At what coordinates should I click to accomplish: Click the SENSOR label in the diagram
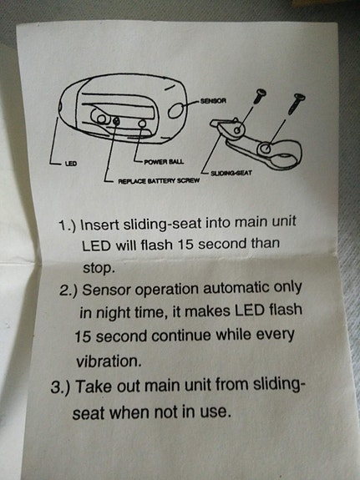pyautogui.click(x=213, y=101)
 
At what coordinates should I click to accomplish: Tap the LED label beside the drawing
pyautogui.click(x=70, y=164)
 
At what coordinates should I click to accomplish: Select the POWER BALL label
pyautogui.click(x=164, y=162)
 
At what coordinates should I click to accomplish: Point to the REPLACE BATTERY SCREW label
pyautogui.click(x=159, y=181)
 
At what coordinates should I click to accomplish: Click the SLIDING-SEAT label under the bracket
pyautogui.click(x=231, y=174)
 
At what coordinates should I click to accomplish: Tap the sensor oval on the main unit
pyautogui.click(x=176, y=110)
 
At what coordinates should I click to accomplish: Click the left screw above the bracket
pyautogui.click(x=259, y=97)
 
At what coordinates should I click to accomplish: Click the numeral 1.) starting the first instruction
pyautogui.click(x=67, y=226)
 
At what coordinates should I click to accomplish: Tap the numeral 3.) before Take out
pyautogui.click(x=61, y=387)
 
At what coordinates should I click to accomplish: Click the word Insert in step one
pyautogui.click(x=99, y=225)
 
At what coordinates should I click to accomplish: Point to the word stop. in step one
pyautogui.click(x=99, y=269)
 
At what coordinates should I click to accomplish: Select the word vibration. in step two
pyautogui.click(x=109, y=361)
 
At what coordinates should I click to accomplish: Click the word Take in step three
pyautogui.click(x=92, y=387)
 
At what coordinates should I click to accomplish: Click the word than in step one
pyautogui.click(x=266, y=244)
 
